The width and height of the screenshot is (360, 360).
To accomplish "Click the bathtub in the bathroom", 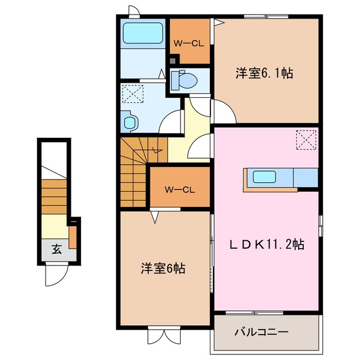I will point(143,34).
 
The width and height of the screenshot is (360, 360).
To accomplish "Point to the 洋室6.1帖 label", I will point(264,73).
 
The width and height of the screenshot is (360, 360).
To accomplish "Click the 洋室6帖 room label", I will point(163,268).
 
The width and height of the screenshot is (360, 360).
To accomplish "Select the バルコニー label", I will point(261,332).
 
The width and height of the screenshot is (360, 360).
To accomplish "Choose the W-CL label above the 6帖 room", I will point(179,189).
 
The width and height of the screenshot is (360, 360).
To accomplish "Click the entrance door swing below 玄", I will point(56,274).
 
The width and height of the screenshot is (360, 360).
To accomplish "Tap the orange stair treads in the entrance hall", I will point(54,197).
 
